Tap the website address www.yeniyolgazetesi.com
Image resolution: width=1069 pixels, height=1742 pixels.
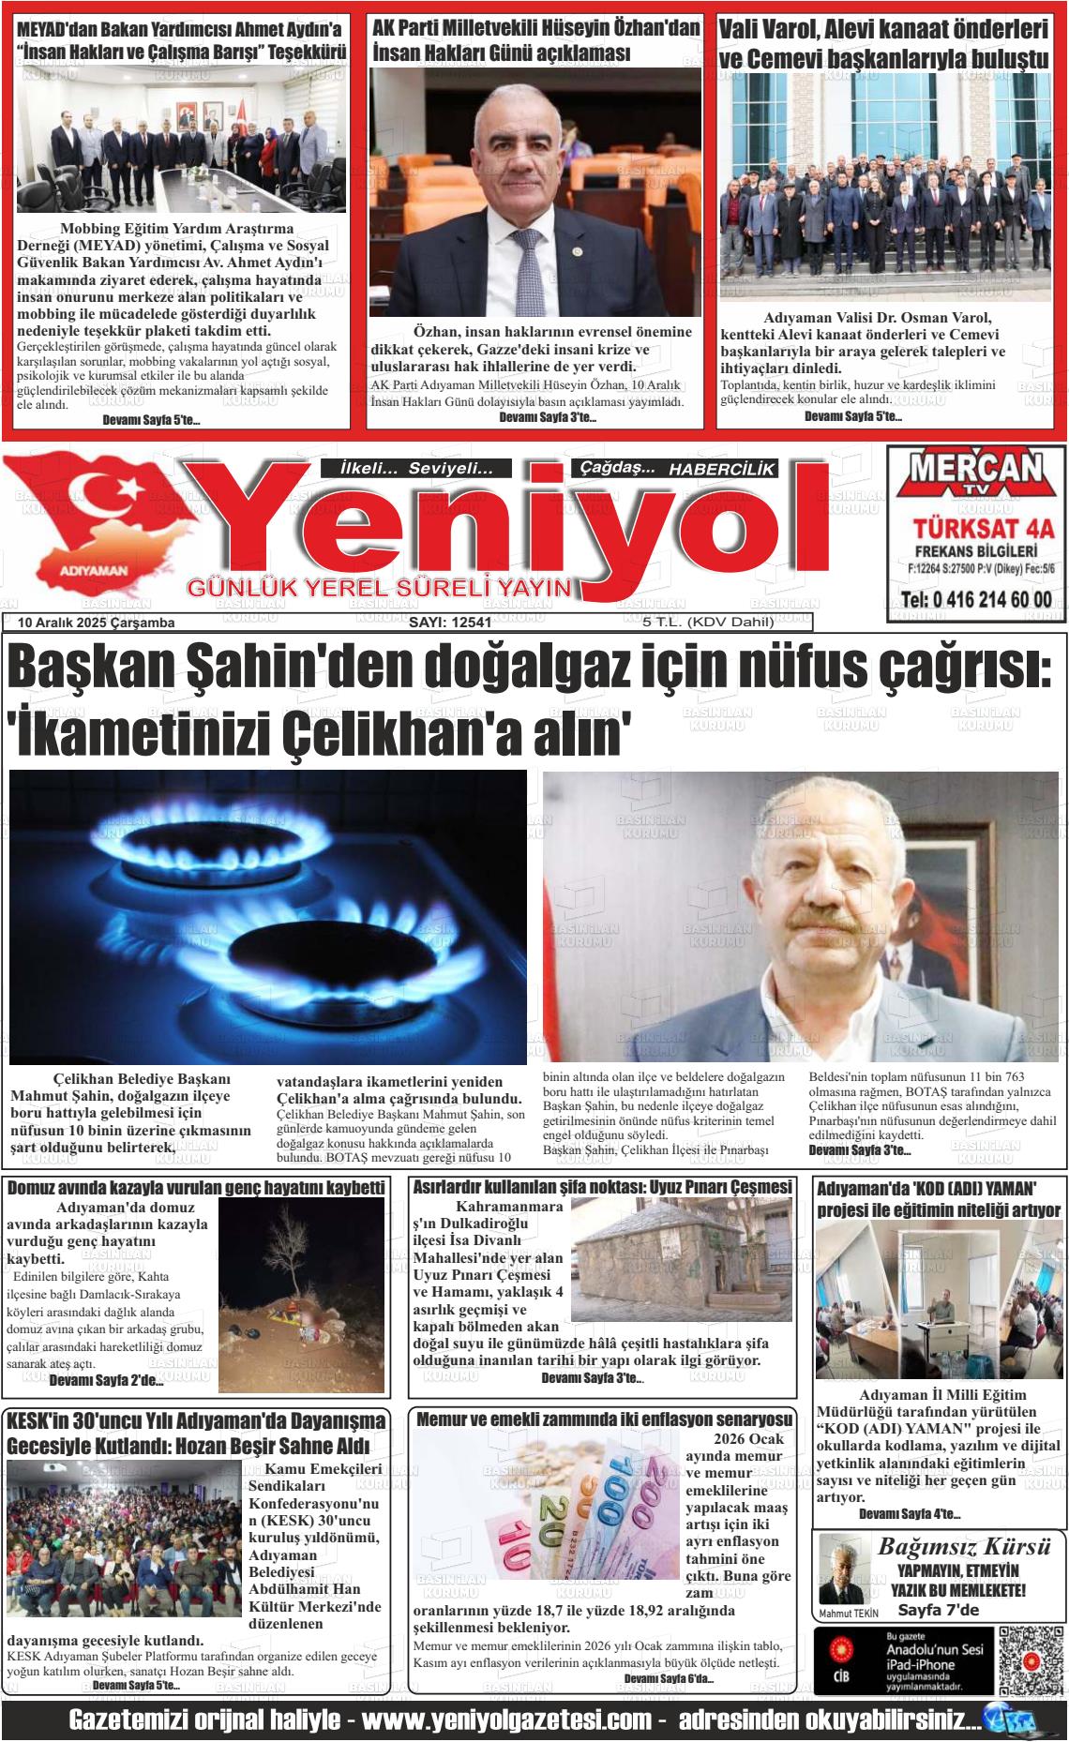(x=506, y=1721)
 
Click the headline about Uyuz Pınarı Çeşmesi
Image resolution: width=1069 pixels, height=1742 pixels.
(x=602, y=1187)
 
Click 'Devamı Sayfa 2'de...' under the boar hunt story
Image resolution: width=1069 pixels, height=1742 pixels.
(x=106, y=1380)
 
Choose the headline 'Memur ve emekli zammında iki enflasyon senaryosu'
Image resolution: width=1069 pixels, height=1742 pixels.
(x=604, y=1419)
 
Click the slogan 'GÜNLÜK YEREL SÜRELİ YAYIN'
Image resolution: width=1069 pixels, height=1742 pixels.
(x=380, y=588)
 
